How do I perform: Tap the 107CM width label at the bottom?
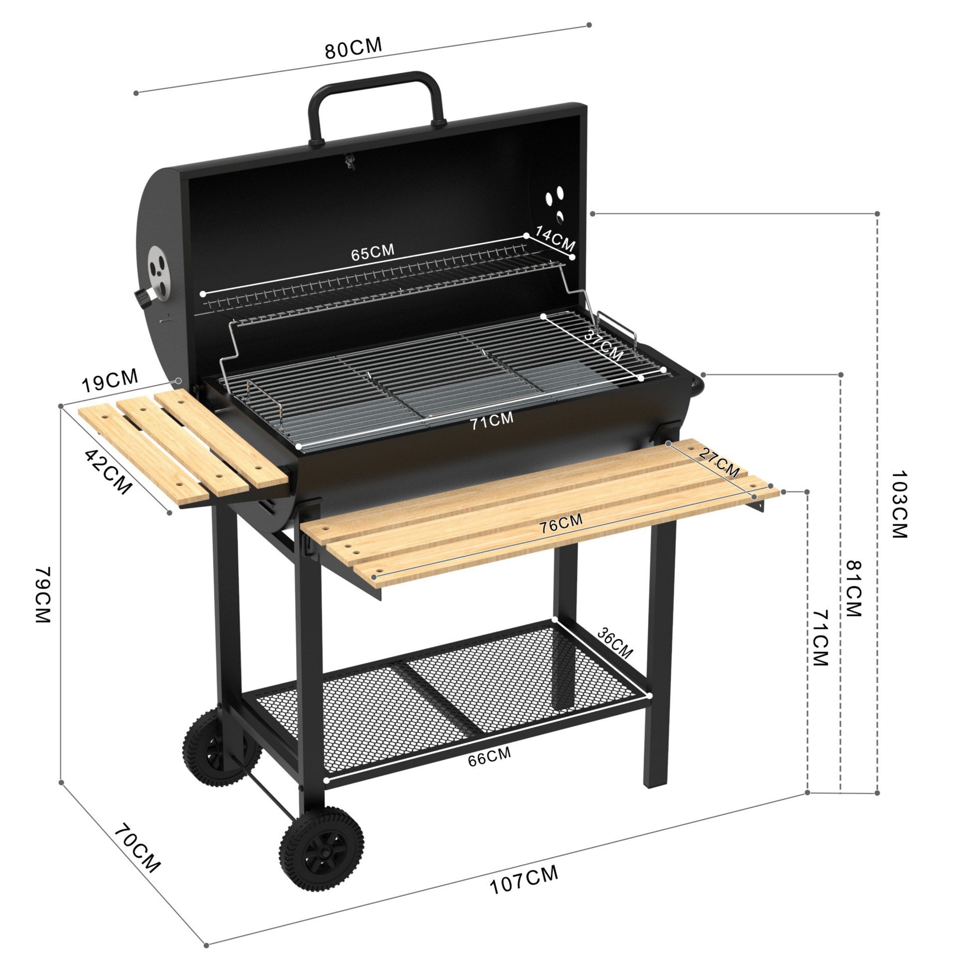(523, 879)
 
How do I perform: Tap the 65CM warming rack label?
(373, 252)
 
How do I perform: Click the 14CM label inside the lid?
(555, 239)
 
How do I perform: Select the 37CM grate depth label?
(603, 345)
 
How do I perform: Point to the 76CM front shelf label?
(561, 523)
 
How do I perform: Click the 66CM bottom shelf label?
(489, 756)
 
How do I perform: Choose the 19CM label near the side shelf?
(109, 381)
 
